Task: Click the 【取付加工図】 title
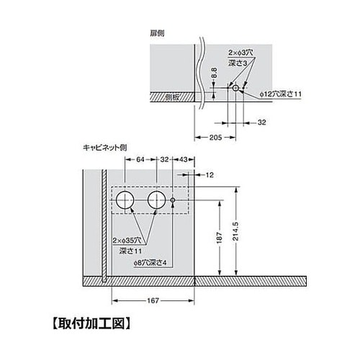point(91,324)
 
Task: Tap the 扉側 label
point(157,33)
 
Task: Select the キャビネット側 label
point(105,148)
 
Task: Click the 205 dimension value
point(216,138)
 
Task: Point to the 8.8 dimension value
point(215,73)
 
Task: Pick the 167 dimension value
point(153,300)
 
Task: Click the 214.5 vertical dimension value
point(235,231)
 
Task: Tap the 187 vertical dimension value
point(219,238)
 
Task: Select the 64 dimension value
point(140,159)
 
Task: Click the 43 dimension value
point(183,159)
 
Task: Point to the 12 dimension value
point(210,175)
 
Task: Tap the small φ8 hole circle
point(173,200)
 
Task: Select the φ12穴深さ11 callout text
point(281,94)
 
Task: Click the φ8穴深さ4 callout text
point(150,263)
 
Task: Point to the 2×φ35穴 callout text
point(127,240)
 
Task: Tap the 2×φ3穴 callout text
point(240,53)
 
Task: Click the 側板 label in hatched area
point(172,97)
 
